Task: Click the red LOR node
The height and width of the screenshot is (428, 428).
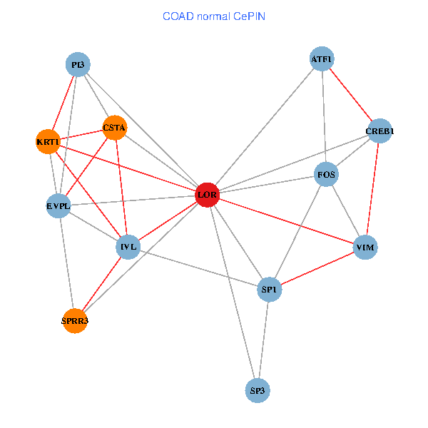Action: pos(207,195)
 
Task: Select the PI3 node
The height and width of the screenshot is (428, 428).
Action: pos(78,64)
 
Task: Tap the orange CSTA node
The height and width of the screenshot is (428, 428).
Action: pos(115,128)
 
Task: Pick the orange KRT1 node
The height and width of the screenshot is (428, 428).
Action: pos(48,142)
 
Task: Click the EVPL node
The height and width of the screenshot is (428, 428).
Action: pos(58,206)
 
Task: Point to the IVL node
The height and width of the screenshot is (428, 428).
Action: pos(128,247)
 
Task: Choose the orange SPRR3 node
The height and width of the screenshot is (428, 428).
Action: pos(75,321)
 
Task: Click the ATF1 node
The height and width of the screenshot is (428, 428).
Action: pos(322,58)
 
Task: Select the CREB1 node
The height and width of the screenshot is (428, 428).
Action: pos(379,131)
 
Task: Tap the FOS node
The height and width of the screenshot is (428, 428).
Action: pos(326,174)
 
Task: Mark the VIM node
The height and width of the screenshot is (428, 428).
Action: pos(365,248)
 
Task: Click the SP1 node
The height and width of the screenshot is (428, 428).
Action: pos(270,290)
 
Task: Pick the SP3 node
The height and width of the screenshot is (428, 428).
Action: pos(258,391)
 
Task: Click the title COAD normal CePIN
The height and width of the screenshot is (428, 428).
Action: pos(214,16)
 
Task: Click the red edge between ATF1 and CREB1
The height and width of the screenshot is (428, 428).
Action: pos(351,95)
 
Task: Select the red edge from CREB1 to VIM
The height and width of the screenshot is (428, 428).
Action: pos(372,189)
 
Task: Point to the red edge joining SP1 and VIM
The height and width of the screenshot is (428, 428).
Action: pos(317,268)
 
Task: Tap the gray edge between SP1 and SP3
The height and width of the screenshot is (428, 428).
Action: pos(263,340)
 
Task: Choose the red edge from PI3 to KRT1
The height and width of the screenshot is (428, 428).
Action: pos(63,103)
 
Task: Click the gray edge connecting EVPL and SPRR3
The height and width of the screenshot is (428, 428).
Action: pos(67,264)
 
